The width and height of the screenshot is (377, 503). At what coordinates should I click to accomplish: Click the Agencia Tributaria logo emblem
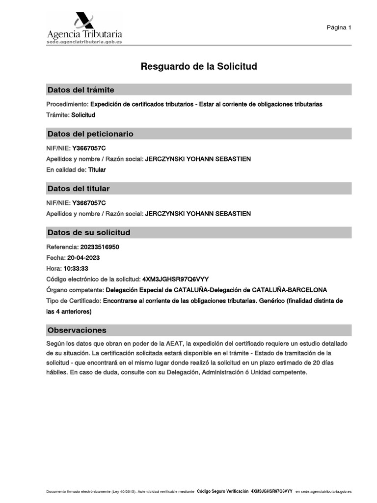click(x=84, y=21)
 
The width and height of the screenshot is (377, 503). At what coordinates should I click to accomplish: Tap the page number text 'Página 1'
click(x=339, y=28)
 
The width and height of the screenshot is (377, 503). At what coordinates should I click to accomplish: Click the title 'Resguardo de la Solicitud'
click(x=199, y=66)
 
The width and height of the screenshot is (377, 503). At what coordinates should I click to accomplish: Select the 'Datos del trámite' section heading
click(x=81, y=90)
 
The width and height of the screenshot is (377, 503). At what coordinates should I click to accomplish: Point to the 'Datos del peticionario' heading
click(x=90, y=134)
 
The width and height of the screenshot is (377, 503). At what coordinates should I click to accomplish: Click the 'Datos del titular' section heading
click(x=79, y=189)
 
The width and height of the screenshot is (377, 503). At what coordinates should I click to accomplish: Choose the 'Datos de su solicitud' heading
click(x=89, y=232)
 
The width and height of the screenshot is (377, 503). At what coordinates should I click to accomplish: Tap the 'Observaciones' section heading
click(x=77, y=330)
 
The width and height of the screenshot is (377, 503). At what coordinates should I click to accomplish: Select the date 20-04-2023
click(x=84, y=257)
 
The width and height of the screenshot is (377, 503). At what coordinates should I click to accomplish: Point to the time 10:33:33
click(x=76, y=269)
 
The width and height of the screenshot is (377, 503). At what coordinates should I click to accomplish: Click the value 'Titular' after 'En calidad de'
click(x=97, y=170)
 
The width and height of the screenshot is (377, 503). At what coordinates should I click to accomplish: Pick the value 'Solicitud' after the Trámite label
click(x=83, y=115)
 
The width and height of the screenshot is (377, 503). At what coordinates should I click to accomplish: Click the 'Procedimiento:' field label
click(x=67, y=104)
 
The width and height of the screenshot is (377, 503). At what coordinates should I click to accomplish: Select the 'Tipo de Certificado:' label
click(x=74, y=301)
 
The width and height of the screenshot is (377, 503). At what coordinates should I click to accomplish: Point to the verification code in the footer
click(x=271, y=491)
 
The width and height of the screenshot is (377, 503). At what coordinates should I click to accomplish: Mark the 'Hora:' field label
click(x=54, y=269)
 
